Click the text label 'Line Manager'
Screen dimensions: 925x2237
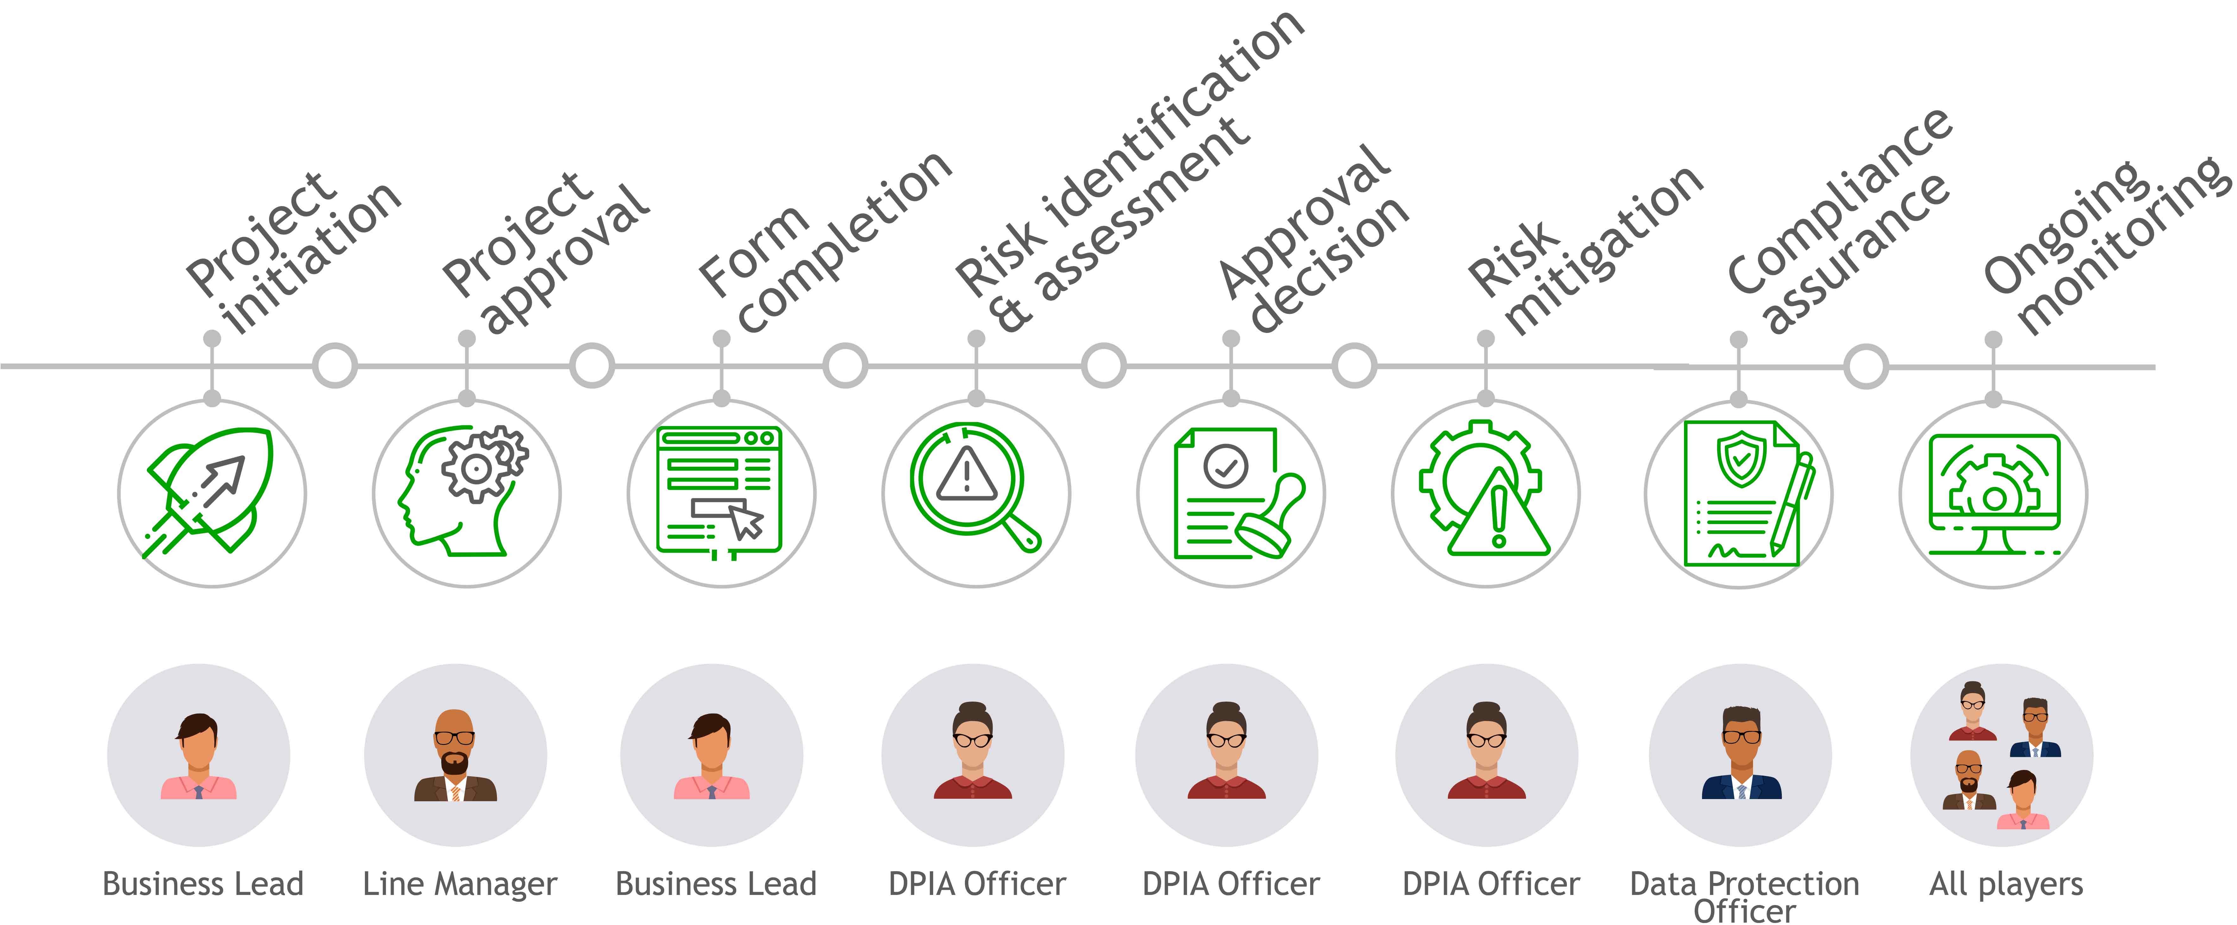459,884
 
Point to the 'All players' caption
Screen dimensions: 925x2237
2005,884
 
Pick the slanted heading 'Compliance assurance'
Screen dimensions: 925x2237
1841,226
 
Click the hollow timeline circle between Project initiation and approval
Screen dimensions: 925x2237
334,366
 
